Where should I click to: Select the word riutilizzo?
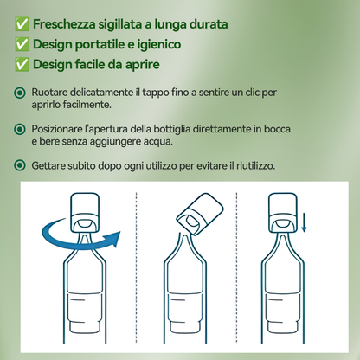coord(253,164)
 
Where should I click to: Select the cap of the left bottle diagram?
coord(84,209)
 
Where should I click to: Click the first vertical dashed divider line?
coord(137,268)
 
